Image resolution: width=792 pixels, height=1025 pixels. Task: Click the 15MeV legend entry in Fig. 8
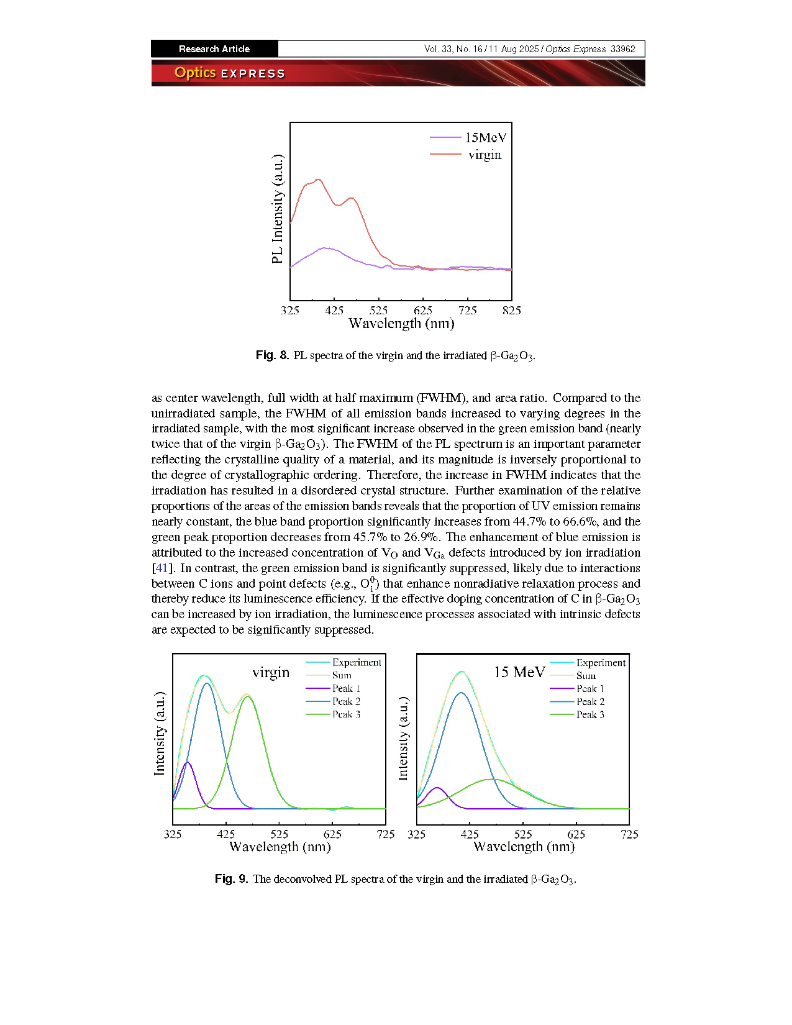[x=468, y=137]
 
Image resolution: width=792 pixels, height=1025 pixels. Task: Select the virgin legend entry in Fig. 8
[x=466, y=155]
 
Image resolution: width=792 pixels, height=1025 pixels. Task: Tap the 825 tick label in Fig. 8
[x=511, y=311]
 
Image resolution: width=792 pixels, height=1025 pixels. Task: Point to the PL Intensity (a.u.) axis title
[x=278, y=209]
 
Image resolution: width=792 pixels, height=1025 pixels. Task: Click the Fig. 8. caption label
[x=272, y=355]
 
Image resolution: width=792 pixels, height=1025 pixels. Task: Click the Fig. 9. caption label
[x=231, y=879]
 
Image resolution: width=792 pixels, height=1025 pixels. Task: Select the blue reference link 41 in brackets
[x=162, y=568]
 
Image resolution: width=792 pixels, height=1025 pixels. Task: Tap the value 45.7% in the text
[x=368, y=537]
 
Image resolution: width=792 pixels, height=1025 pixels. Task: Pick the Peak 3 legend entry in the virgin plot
[x=333, y=714]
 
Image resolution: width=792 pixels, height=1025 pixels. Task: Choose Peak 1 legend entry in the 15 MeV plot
[x=577, y=689]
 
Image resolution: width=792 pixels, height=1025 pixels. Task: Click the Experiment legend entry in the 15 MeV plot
[x=588, y=663]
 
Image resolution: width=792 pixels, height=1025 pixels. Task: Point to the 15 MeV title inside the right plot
[x=519, y=672]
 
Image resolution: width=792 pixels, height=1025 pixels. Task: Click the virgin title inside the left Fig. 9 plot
[x=271, y=672]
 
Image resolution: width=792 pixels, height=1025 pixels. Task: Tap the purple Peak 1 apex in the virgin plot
[x=187, y=762]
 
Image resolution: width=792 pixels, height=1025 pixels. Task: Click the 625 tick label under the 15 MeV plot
[x=576, y=834]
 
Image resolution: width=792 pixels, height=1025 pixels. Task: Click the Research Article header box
[x=215, y=49]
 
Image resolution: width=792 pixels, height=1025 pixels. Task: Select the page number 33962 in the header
[x=622, y=49]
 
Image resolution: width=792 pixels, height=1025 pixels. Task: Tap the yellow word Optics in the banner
[x=195, y=73]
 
